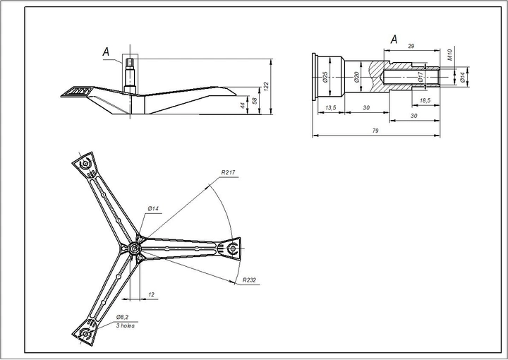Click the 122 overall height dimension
(266, 86)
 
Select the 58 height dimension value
(255, 101)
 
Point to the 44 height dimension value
(243, 105)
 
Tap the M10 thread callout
(450, 54)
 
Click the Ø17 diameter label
(421, 76)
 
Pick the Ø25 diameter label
(325, 77)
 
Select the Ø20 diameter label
(356, 77)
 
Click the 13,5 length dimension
(330, 108)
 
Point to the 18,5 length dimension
(425, 101)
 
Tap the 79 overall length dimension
(375, 131)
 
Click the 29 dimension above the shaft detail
(411, 47)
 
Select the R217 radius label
(229, 173)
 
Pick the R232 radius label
(249, 280)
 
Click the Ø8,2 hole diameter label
(123, 317)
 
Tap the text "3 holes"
(126, 325)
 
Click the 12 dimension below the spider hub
(151, 295)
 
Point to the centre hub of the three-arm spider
(134, 249)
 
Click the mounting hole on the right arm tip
(233, 249)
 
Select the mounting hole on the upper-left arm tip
(85, 164)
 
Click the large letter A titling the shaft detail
(394, 40)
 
